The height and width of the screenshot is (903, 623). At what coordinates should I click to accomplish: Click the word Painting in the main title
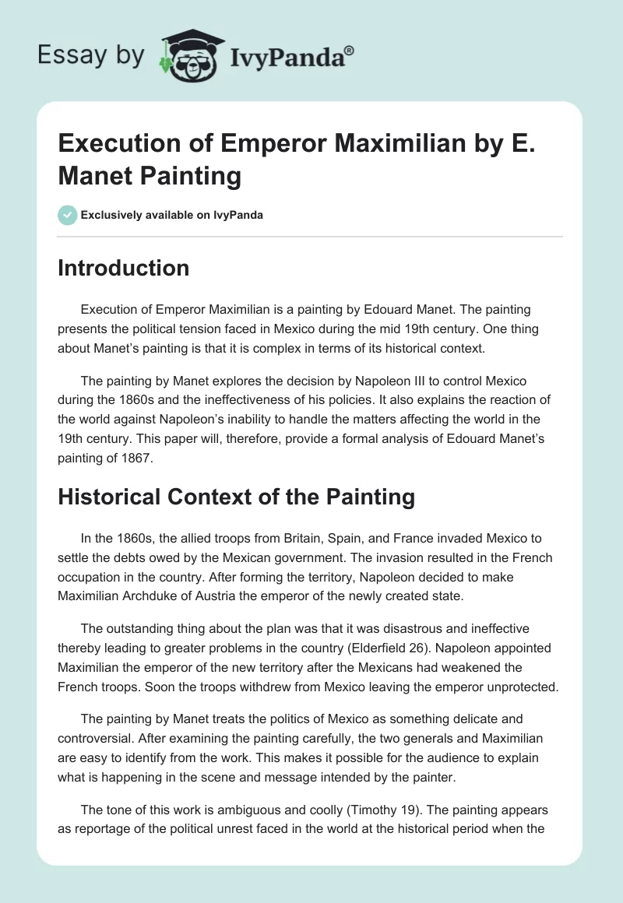point(190,177)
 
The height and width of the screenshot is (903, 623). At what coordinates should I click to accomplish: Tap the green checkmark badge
point(66,215)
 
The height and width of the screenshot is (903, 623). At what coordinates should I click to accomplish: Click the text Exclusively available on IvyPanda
point(171,215)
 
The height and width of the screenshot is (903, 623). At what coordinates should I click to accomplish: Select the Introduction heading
point(123,268)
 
